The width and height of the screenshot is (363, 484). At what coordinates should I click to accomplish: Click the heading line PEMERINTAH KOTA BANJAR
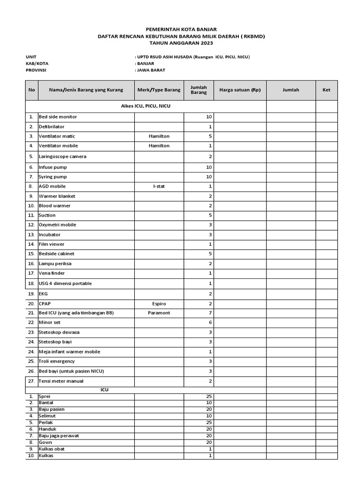coord(181,29)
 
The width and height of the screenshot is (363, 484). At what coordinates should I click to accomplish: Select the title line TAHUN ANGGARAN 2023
coord(181,43)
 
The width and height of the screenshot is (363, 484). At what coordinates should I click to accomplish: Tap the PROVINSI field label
coord(37,70)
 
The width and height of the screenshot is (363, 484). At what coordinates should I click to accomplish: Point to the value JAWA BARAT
coord(151,70)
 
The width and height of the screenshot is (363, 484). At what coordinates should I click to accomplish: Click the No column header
coord(32,90)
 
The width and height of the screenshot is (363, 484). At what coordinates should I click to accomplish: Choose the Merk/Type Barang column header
coord(159,90)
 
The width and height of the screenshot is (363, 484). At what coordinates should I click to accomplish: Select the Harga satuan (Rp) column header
coord(240,90)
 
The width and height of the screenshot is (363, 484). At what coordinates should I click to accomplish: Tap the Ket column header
coord(326,90)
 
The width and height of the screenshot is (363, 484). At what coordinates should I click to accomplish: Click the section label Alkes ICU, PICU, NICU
coord(146,106)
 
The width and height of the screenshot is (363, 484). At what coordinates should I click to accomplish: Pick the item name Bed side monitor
coord(58,117)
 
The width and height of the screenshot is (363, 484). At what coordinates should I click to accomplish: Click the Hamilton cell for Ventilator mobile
coord(159,146)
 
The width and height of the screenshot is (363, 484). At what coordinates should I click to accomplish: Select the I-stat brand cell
coord(159,186)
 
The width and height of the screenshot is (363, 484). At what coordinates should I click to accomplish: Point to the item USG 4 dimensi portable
coord(65,284)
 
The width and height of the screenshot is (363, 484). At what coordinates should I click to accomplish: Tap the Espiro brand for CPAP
coord(159,303)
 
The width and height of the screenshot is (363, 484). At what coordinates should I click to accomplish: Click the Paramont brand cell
coord(159,313)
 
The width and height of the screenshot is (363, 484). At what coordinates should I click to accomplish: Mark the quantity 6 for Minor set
coord(210,322)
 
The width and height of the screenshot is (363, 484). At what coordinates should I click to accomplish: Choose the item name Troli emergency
coord(57,362)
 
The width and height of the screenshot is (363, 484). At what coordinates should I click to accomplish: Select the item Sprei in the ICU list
coord(44,396)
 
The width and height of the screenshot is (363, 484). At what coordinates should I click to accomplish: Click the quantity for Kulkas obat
coord(210,449)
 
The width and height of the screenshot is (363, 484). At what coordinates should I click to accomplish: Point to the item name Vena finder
coord(52,273)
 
